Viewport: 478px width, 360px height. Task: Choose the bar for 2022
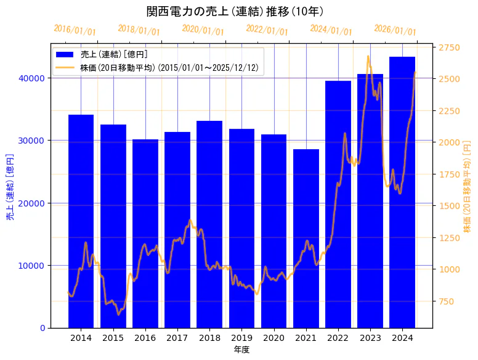click(338, 204)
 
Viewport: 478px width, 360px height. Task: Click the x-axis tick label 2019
click(241, 338)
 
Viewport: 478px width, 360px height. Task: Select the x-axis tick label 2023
click(370, 338)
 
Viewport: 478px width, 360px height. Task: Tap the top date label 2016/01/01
click(75, 30)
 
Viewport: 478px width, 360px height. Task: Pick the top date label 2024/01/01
click(331, 30)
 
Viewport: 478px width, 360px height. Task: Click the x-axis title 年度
click(241, 350)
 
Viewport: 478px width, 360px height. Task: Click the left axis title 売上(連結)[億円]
click(10, 187)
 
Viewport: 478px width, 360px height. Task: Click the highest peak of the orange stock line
click(368, 57)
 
